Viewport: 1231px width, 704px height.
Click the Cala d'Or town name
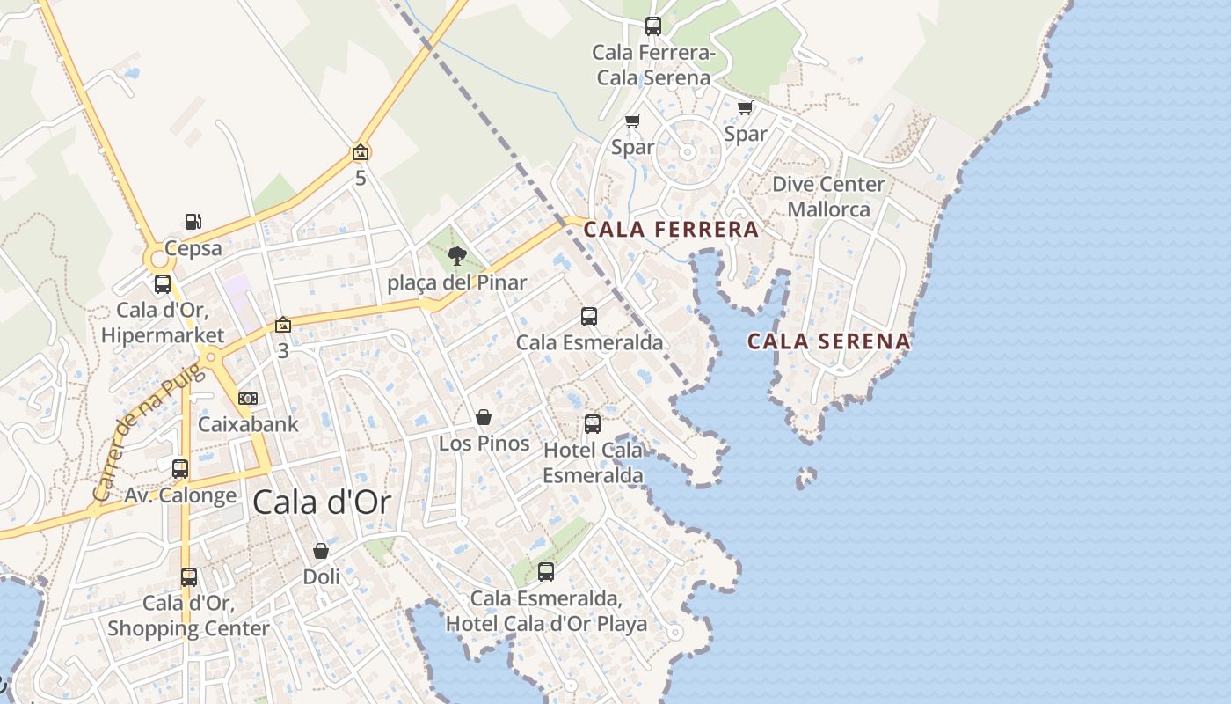(x=321, y=502)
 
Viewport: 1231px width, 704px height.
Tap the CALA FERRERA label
(x=671, y=230)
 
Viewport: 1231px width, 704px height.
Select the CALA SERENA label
(x=828, y=341)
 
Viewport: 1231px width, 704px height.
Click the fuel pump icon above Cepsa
(x=193, y=222)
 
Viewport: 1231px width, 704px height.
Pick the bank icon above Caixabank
(x=248, y=399)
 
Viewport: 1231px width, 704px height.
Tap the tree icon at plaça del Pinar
(x=456, y=256)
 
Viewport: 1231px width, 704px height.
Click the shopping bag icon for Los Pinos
(x=484, y=417)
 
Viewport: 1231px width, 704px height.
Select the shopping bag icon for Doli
(x=321, y=551)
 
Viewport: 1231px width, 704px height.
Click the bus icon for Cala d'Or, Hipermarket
(x=163, y=284)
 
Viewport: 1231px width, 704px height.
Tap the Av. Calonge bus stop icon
(x=180, y=469)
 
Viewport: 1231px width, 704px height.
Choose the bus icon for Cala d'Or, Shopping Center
(x=189, y=577)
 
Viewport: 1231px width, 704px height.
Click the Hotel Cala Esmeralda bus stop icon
(x=593, y=424)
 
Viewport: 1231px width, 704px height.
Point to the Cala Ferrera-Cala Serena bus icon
(x=652, y=26)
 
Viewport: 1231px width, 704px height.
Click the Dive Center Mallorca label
(x=827, y=196)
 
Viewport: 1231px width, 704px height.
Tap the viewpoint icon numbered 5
(x=360, y=153)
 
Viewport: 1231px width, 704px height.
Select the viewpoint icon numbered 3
(x=282, y=325)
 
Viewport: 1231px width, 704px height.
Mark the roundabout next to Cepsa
(x=159, y=259)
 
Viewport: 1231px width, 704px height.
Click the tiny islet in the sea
(x=805, y=478)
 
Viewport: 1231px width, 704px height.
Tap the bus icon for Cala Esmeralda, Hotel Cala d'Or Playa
(x=546, y=572)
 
